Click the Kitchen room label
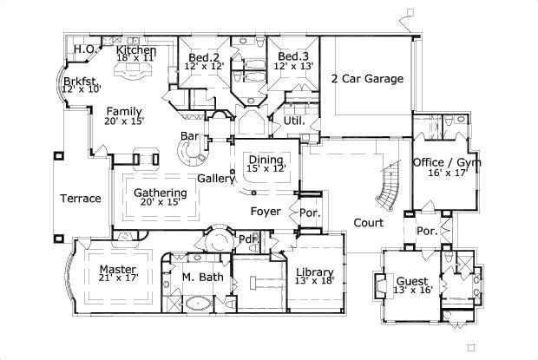136,51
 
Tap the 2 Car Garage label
367,79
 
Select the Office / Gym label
447,163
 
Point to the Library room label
314,272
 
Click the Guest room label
412,281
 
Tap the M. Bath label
202,278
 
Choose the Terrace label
80,199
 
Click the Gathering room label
160,193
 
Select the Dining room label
266,160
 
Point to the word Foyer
265,211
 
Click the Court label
368,223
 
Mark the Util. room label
293,121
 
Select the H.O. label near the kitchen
85,49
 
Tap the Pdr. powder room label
247,239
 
